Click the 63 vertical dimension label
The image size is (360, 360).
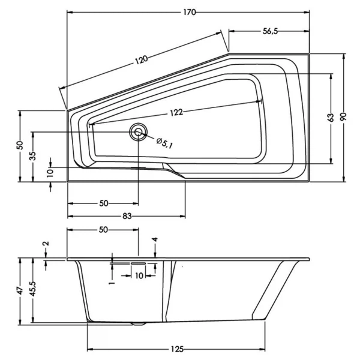point(330,118)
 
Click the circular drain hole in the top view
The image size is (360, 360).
point(139,133)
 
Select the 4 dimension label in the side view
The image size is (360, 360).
point(155,240)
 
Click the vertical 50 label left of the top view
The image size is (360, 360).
point(20,145)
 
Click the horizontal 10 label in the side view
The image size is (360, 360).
point(139,276)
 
